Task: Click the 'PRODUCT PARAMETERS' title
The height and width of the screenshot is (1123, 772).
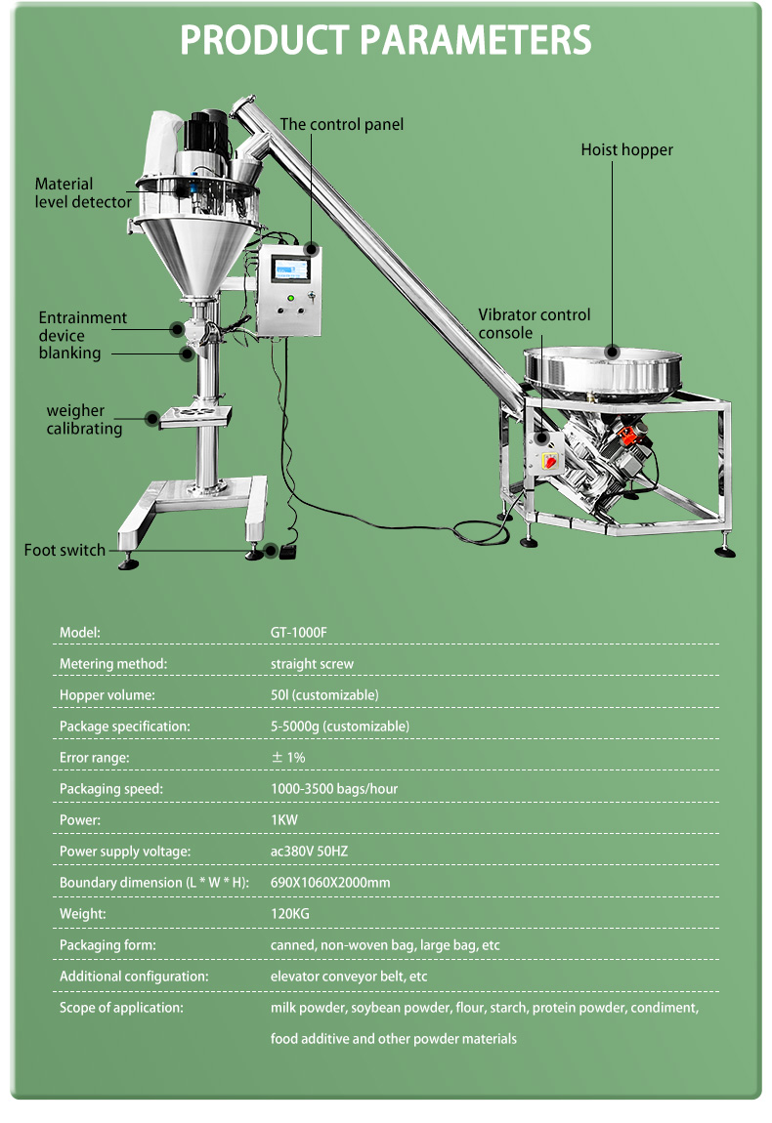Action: click(x=386, y=41)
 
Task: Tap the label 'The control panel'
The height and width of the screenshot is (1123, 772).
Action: click(x=341, y=124)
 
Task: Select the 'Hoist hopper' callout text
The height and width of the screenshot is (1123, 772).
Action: click(x=626, y=149)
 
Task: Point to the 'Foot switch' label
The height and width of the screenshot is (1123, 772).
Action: click(x=64, y=550)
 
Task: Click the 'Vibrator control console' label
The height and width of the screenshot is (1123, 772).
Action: click(x=534, y=323)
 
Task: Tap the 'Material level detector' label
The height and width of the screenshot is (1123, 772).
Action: click(x=83, y=192)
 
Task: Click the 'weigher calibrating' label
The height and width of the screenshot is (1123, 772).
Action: click(x=85, y=419)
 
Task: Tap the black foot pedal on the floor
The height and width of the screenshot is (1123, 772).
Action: click(x=287, y=553)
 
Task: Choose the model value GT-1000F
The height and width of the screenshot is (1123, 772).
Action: click(x=298, y=632)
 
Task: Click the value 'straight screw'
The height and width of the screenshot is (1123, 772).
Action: click(x=312, y=663)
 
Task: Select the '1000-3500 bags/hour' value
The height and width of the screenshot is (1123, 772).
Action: click(x=333, y=788)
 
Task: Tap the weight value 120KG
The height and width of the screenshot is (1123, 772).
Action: click(x=290, y=913)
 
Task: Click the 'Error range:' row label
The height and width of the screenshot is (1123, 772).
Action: click(x=94, y=757)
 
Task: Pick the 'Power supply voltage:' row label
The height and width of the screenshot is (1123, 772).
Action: click(x=124, y=851)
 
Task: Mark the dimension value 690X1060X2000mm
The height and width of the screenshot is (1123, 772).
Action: click(x=329, y=882)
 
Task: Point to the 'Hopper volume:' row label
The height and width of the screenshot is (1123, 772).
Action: click(x=107, y=694)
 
